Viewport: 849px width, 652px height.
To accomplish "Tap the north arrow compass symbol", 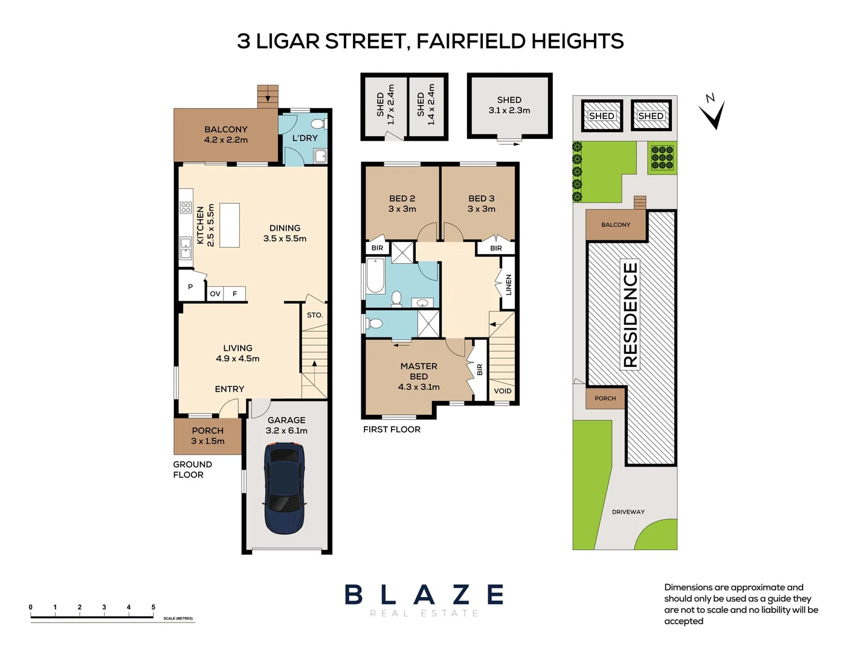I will (x=713, y=112).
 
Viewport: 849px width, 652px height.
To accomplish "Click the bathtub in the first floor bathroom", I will (x=375, y=276).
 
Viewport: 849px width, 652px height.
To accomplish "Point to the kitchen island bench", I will (x=230, y=225).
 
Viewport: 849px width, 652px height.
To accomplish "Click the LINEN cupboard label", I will (x=508, y=284).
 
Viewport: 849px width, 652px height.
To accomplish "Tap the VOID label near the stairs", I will (x=502, y=391).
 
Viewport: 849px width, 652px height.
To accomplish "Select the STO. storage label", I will (x=314, y=315).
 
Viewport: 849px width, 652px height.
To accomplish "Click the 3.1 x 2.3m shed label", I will (x=509, y=105).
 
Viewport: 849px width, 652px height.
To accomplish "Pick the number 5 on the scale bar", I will (x=153, y=607).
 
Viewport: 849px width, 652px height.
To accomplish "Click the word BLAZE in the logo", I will (x=424, y=595).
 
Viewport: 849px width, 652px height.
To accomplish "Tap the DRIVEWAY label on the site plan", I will (x=628, y=512).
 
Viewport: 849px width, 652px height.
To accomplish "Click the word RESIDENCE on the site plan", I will (x=630, y=314).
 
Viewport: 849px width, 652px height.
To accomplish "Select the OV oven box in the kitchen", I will (x=215, y=294).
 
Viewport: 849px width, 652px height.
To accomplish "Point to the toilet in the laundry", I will (x=318, y=124).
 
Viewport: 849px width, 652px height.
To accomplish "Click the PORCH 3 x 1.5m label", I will (x=207, y=436).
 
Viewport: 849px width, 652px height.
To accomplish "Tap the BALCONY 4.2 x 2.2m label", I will (x=225, y=134).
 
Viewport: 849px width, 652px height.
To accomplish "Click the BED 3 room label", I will (x=481, y=203).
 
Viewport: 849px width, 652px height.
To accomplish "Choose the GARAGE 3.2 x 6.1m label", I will (x=286, y=425).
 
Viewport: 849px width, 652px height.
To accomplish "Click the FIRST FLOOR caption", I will (x=392, y=429).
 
